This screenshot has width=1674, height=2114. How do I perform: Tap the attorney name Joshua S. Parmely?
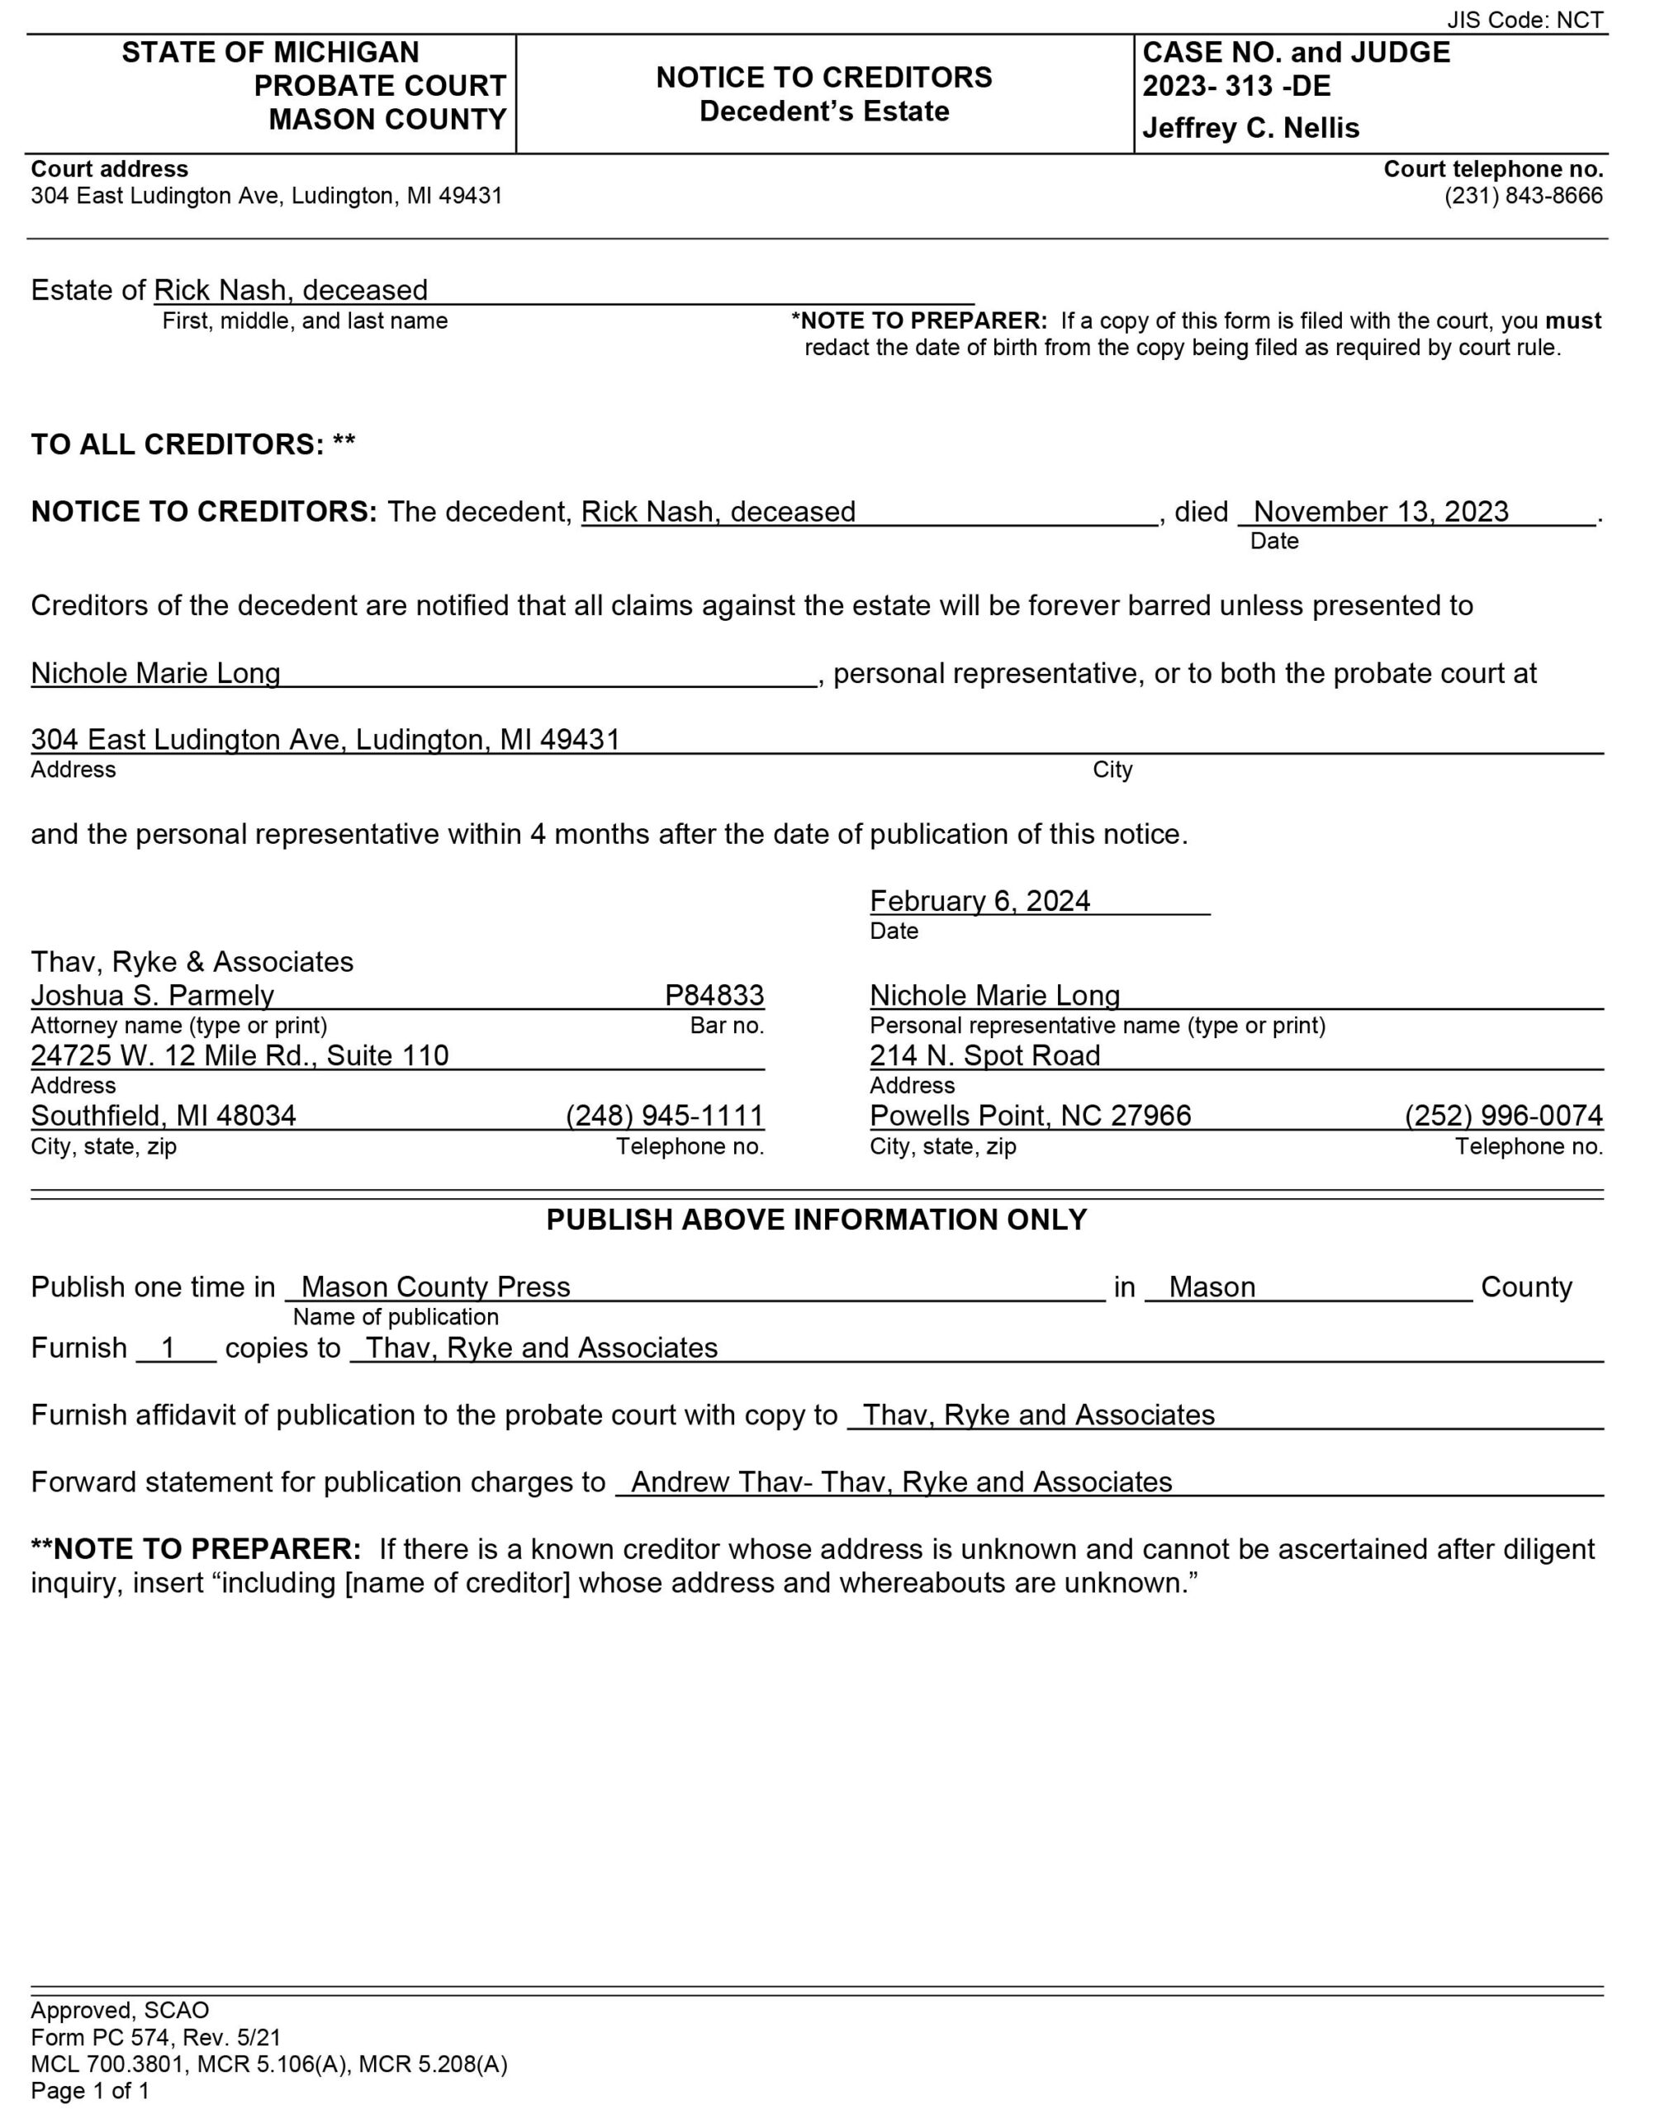(x=153, y=995)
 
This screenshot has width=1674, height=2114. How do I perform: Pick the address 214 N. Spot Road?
(x=985, y=1055)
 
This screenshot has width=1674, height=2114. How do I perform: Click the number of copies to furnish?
(x=168, y=1348)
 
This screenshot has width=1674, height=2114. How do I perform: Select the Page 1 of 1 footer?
(x=90, y=2091)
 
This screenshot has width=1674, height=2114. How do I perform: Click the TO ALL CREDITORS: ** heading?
(x=193, y=444)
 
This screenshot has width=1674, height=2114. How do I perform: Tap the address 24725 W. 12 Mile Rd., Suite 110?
(x=240, y=1055)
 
